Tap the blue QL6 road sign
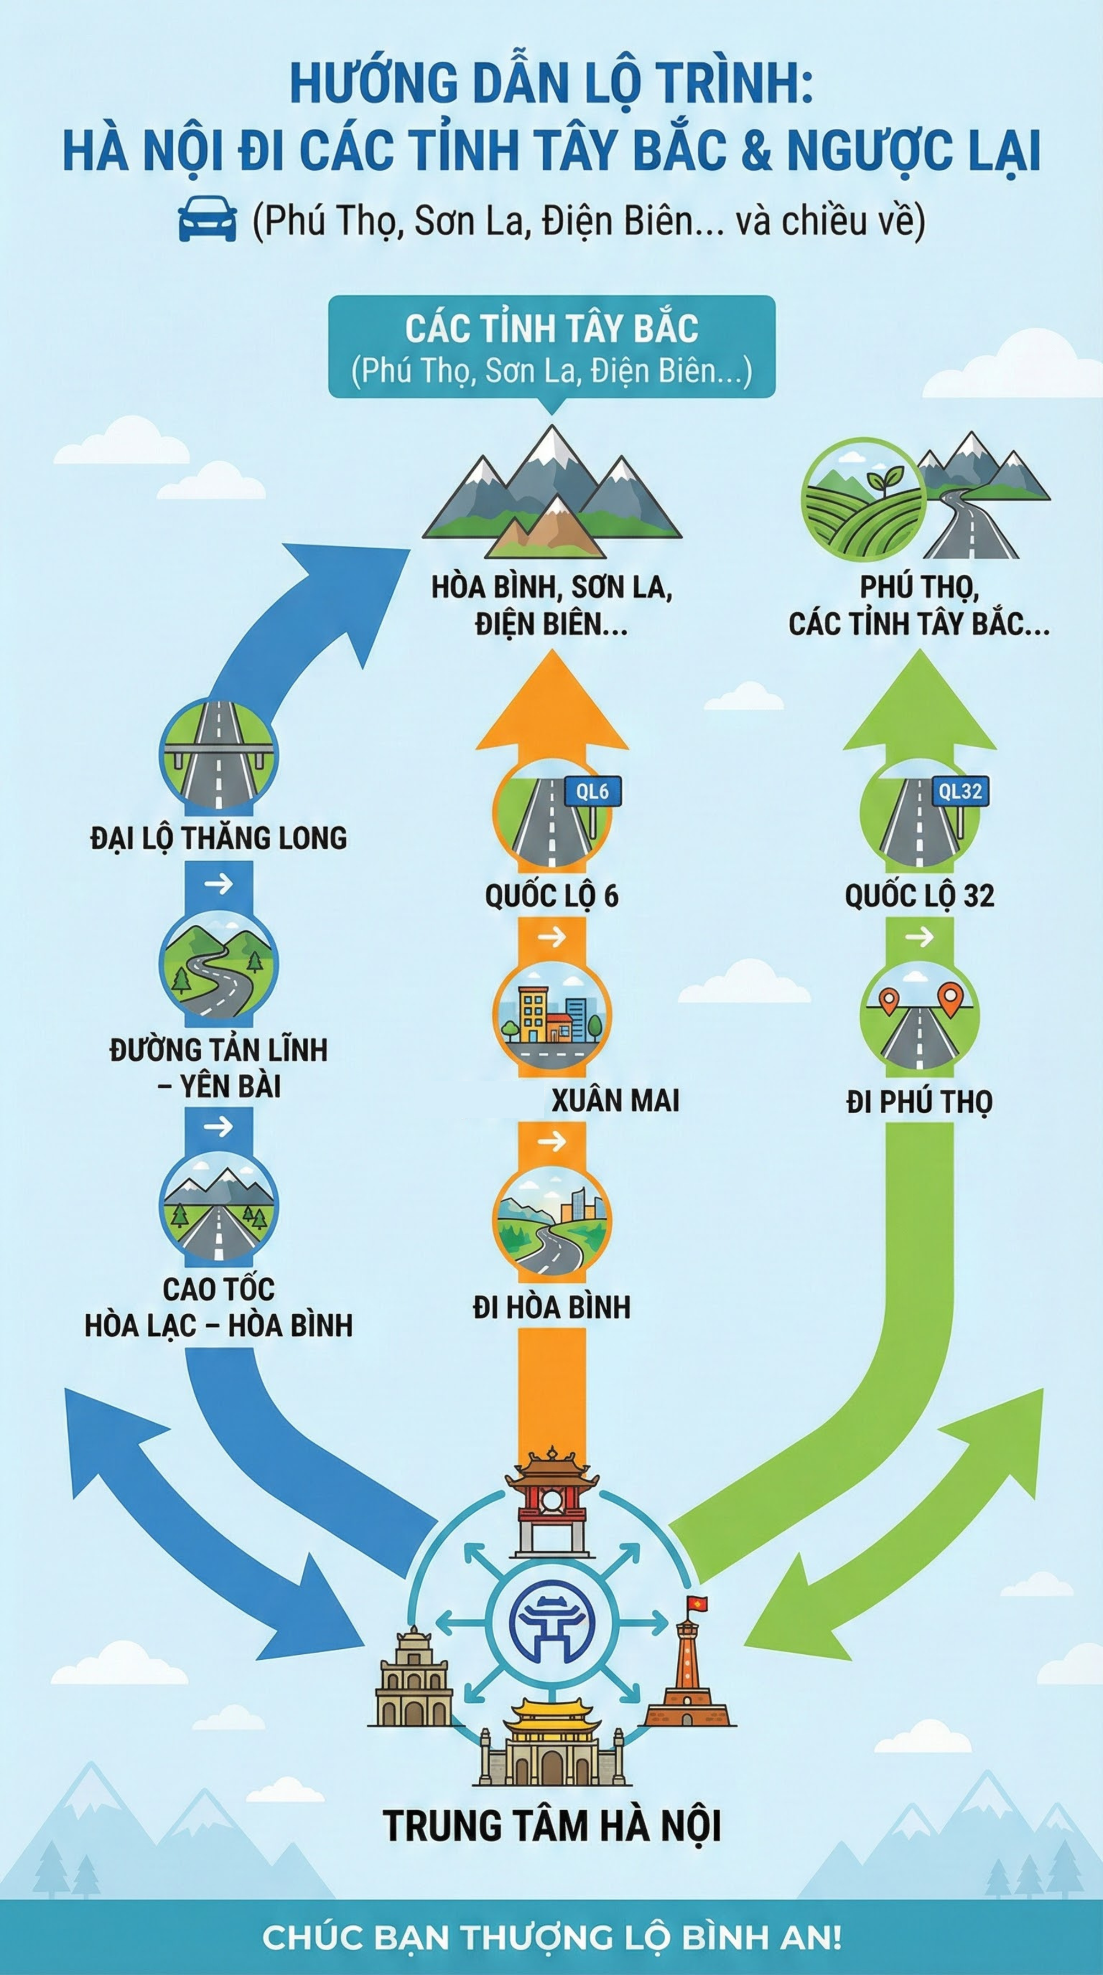(592, 791)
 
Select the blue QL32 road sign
(960, 791)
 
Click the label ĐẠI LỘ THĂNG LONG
(218, 837)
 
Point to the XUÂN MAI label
(615, 1101)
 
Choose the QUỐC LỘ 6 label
(551, 895)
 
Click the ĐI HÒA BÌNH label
(551, 1307)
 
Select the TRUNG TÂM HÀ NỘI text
(551, 1826)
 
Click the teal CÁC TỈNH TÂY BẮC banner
(551, 347)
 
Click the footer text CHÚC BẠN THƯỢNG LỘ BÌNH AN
(551, 1938)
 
